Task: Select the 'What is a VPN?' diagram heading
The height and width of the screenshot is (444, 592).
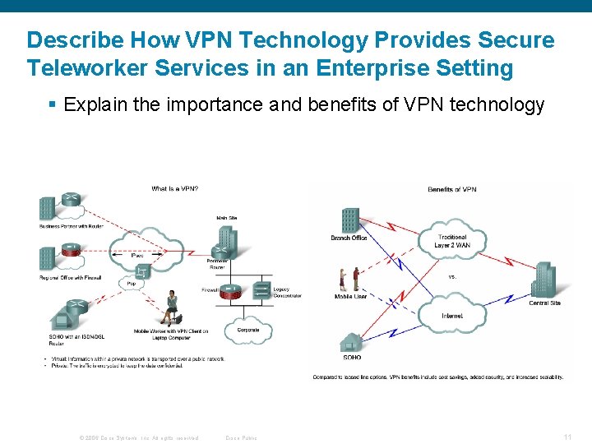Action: (x=174, y=189)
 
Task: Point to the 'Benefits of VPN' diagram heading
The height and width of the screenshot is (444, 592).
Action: (x=451, y=190)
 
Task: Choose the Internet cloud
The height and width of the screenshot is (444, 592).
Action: (x=451, y=315)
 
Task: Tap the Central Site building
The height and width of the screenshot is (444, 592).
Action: (x=544, y=280)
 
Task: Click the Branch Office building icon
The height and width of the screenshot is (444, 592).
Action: (x=350, y=220)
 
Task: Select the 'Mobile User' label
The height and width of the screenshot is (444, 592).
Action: (x=351, y=296)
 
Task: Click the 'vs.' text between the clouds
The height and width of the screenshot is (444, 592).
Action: (x=452, y=276)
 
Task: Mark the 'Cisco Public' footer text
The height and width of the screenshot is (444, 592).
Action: (x=241, y=437)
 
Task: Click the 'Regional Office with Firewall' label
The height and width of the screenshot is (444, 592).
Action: (x=70, y=277)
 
